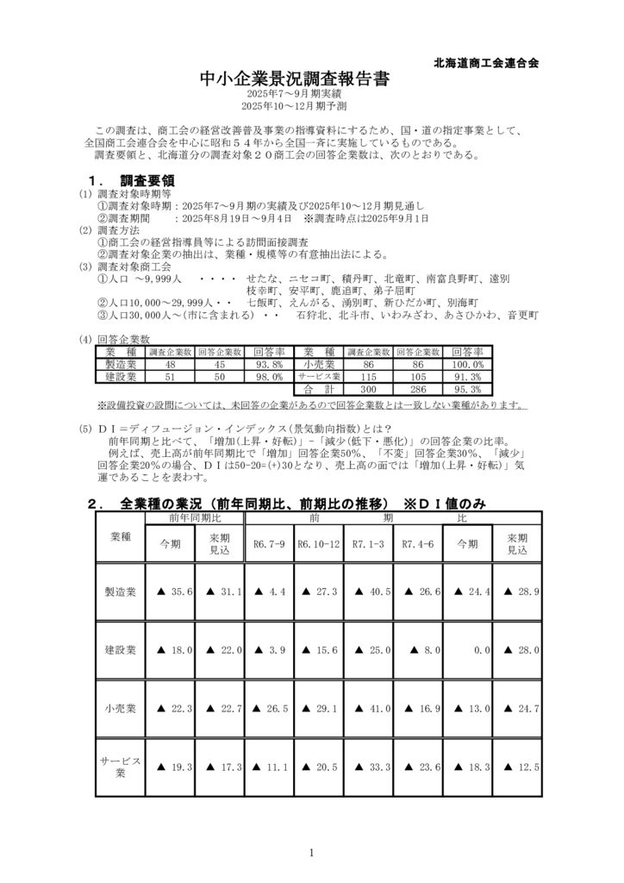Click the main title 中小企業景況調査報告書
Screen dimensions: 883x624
click(x=294, y=79)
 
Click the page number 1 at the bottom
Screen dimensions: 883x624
click(x=311, y=853)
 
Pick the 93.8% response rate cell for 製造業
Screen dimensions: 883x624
click(x=270, y=365)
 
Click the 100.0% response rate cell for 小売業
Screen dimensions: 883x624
click(x=466, y=365)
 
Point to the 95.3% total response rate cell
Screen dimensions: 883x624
click(x=466, y=389)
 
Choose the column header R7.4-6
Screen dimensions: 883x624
click(x=417, y=544)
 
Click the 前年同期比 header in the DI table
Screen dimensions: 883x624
click(x=195, y=517)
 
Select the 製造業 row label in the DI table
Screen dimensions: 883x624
click(x=121, y=592)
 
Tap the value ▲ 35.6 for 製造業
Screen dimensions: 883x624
click(x=171, y=592)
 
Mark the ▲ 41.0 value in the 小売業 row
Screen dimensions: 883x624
click(x=368, y=708)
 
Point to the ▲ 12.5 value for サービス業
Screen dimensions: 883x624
click(x=518, y=767)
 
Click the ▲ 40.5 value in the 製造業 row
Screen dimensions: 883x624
click(x=368, y=592)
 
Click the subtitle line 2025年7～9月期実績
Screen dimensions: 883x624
click(x=294, y=93)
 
